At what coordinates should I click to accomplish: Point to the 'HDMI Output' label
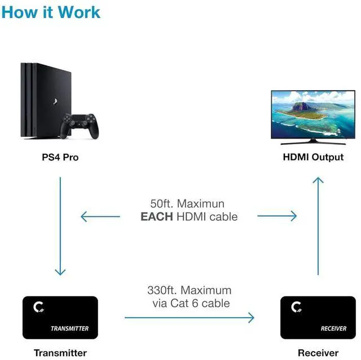(313, 157)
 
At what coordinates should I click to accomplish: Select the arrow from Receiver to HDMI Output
(318, 225)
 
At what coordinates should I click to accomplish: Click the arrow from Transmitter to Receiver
(189, 318)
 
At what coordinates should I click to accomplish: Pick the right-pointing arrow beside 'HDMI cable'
(277, 216)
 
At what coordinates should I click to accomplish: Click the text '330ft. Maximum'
(189, 291)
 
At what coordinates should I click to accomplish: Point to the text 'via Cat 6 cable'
(189, 303)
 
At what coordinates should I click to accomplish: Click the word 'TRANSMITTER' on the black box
(69, 328)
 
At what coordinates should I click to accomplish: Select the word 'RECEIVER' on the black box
(333, 328)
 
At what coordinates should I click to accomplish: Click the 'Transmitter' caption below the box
(60, 353)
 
